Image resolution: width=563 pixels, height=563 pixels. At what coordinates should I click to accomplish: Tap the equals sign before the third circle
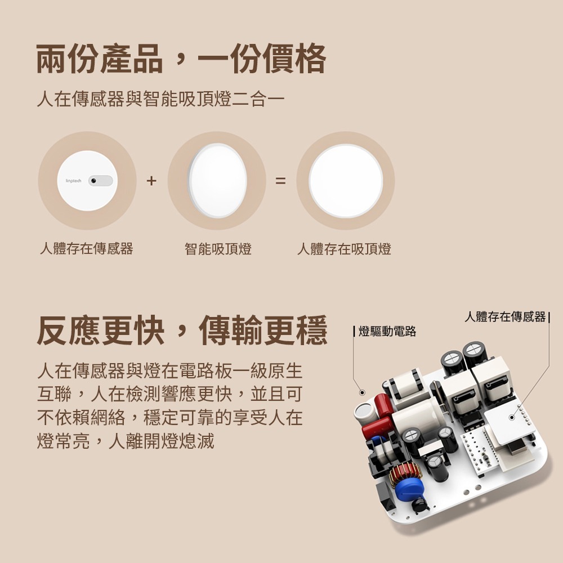pos(280,181)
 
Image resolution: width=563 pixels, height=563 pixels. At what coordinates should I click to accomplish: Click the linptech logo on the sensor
pos(74,181)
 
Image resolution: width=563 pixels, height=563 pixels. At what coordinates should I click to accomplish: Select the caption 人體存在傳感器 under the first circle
pos(86,248)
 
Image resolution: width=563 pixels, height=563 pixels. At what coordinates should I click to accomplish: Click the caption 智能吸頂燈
pos(218,248)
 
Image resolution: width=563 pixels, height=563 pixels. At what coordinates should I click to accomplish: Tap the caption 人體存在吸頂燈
pos(344,248)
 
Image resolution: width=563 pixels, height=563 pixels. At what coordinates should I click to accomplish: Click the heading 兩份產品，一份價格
pos(181,59)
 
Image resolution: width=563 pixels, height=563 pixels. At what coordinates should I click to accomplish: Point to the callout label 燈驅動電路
pos(387,332)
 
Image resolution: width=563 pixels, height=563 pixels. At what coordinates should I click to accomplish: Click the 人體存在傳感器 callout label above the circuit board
pos(505,316)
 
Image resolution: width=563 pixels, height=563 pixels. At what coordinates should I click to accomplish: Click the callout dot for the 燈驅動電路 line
pos(362,392)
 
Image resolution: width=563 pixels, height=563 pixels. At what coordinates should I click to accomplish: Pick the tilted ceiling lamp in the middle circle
pos(217,181)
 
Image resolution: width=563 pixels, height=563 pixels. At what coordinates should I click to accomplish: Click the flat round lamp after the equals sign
pos(345,181)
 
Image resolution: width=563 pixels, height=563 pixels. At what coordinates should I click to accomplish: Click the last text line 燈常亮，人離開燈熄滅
pos(125,441)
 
